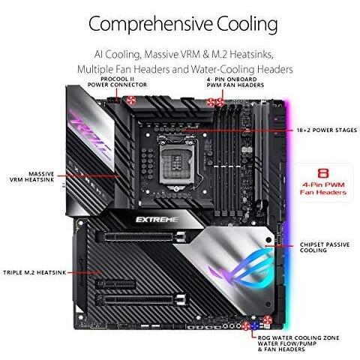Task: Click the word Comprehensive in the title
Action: tap(151, 25)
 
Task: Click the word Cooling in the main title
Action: tap(247, 25)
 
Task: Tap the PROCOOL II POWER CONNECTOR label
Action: tap(117, 82)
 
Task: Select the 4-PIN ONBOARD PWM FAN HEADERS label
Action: tap(235, 82)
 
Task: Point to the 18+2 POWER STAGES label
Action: tap(327, 130)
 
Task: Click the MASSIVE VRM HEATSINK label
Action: tap(32, 177)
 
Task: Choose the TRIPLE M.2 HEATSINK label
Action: tap(34, 272)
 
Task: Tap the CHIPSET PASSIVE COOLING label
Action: tap(325, 247)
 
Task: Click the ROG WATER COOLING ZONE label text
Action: tap(298, 337)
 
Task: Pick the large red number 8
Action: tap(323, 173)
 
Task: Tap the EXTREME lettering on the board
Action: tap(157, 220)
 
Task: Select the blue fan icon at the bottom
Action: tap(254, 325)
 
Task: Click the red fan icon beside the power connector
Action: tap(130, 100)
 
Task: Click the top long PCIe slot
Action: tap(140, 236)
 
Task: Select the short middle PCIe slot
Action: tap(115, 284)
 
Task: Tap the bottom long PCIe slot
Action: tap(142, 299)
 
